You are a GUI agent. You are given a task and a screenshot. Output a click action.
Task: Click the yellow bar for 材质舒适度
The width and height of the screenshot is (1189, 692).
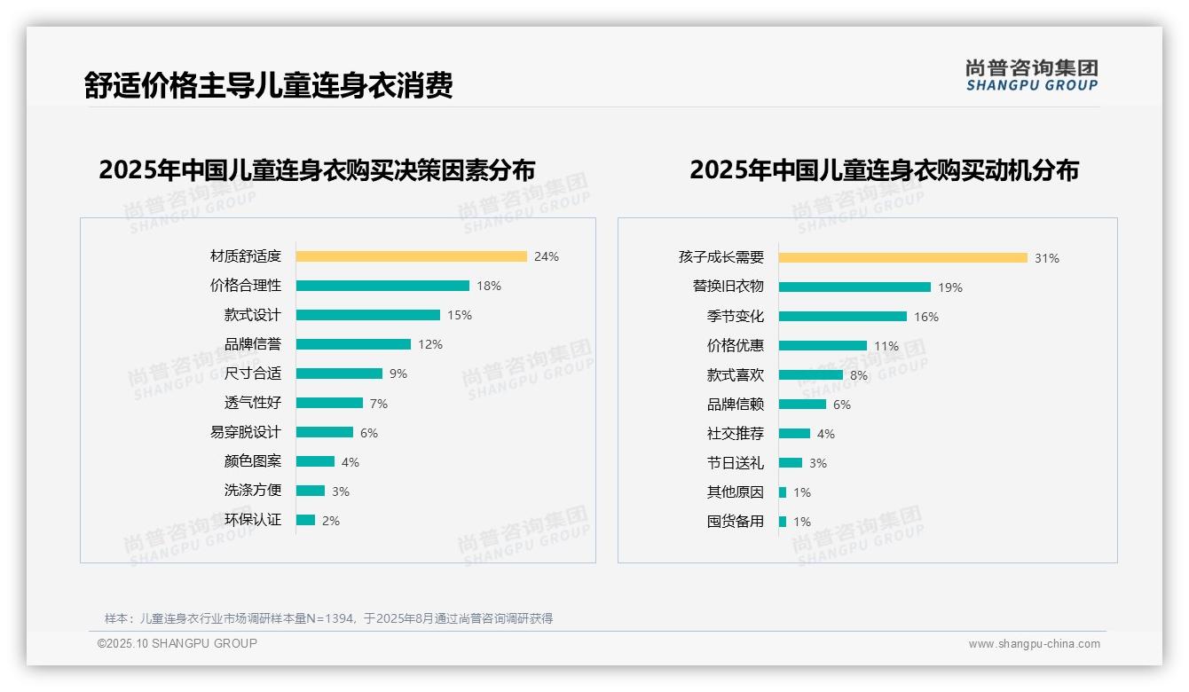point(411,256)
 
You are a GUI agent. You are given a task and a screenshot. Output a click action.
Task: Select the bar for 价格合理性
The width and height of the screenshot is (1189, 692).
point(382,286)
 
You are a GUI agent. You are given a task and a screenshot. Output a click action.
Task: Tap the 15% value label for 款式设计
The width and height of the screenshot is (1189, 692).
point(460,315)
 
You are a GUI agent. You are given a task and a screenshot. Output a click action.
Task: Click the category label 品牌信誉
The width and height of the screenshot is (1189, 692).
point(252,344)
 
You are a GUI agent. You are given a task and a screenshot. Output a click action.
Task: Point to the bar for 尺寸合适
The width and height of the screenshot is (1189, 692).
point(339,374)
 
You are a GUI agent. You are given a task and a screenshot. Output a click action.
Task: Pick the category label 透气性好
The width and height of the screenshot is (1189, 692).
point(252,403)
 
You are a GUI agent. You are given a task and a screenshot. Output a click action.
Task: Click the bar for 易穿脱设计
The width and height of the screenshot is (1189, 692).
point(325,432)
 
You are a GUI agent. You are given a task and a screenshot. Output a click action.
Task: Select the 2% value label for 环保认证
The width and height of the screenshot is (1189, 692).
point(331,521)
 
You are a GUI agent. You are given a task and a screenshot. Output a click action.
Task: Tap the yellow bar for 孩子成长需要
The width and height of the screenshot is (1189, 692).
point(902,257)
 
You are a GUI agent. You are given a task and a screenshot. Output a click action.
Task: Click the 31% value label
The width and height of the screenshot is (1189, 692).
point(1047,258)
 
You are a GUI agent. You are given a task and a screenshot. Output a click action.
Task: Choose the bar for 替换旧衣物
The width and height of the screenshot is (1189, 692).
point(854,287)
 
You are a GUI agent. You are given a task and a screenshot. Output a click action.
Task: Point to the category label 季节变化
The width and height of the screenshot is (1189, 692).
point(735,317)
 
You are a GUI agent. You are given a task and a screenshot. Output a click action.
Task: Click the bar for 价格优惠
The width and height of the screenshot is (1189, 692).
point(823,345)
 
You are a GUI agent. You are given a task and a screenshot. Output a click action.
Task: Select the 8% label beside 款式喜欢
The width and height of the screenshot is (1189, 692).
point(859,375)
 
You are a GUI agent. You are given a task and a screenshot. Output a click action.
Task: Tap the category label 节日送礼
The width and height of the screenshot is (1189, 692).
point(735,463)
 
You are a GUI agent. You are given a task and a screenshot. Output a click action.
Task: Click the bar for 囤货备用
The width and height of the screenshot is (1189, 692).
point(783,522)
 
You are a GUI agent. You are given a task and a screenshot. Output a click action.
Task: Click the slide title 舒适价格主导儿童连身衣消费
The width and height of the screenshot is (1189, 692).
point(268,85)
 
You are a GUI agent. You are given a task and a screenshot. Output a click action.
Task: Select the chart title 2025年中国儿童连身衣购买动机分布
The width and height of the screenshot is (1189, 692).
point(884,170)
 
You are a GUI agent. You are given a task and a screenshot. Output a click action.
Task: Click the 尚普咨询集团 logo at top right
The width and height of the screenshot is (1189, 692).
point(1031,75)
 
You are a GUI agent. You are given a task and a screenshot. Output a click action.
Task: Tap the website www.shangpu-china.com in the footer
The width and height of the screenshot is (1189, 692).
point(1034,644)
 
